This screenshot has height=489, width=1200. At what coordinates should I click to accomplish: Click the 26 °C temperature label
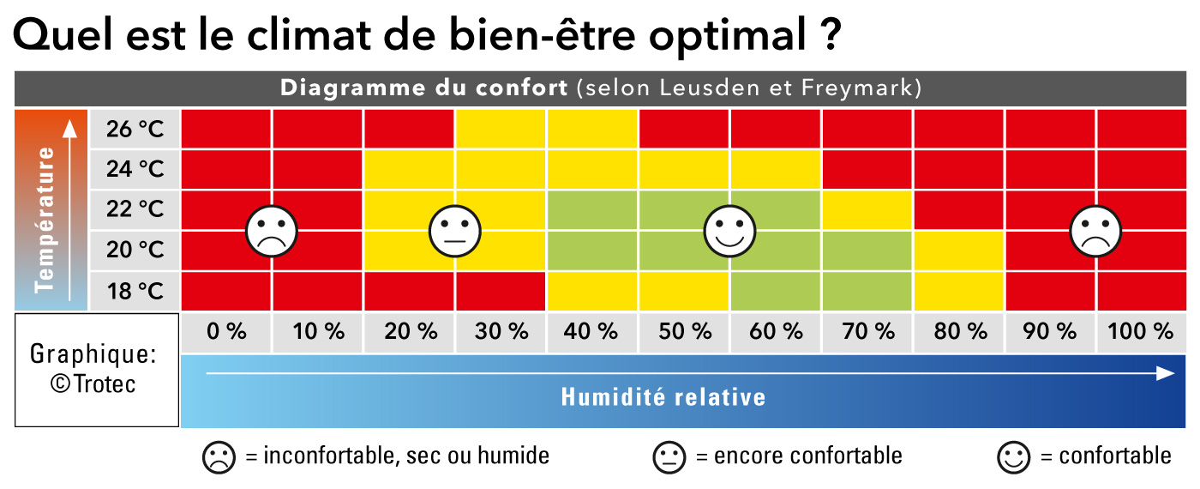pyautogui.click(x=135, y=130)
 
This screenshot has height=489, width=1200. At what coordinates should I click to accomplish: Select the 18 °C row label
pyautogui.click(x=135, y=291)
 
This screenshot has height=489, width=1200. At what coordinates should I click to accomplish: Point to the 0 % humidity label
pyautogui.click(x=226, y=331)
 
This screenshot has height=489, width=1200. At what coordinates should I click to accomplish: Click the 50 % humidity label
pyautogui.click(x=684, y=331)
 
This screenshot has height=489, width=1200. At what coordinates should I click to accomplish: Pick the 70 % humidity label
pyautogui.click(x=867, y=331)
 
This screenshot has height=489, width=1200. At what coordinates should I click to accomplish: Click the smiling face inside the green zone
pyautogui.click(x=729, y=231)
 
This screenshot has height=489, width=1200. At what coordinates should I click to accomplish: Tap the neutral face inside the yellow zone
pyautogui.click(x=454, y=231)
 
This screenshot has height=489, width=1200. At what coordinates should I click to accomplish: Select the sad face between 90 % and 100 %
pyautogui.click(x=1095, y=231)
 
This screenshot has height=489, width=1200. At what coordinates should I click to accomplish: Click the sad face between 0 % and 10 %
pyautogui.click(x=272, y=231)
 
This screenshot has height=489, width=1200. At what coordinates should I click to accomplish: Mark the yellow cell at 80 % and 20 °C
pyautogui.click(x=959, y=251)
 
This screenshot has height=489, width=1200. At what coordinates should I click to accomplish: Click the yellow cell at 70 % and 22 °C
pyautogui.click(x=867, y=210)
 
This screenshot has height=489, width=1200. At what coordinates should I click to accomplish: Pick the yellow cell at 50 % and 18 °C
pyautogui.click(x=684, y=291)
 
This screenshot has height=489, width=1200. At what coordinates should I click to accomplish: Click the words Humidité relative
pyautogui.click(x=663, y=397)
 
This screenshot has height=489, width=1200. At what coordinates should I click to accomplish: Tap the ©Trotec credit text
pyautogui.click(x=93, y=383)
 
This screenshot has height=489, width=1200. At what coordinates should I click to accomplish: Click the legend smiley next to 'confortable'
pyautogui.click(x=1013, y=456)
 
